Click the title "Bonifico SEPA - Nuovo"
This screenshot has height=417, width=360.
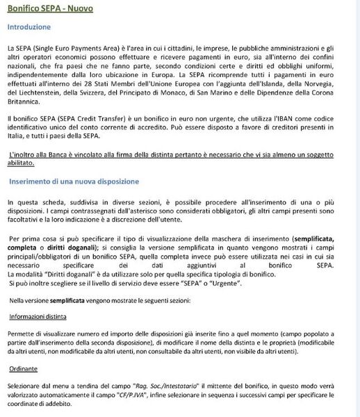49,8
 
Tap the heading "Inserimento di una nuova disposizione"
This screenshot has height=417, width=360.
74,182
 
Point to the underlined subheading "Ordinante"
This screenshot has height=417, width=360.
24,369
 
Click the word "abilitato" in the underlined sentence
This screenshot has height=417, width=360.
20,164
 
